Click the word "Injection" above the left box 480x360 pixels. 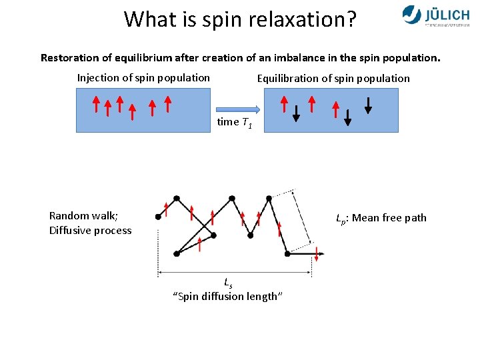click(x=99, y=78)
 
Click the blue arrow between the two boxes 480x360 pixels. click(x=237, y=109)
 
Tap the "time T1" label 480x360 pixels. click(x=234, y=123)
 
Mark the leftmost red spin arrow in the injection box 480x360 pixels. click(x=96, y=105)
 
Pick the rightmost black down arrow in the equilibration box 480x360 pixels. click(x=367, y=105)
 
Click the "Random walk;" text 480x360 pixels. click(x=83, y=215)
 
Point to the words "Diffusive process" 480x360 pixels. click(x=90, y=231)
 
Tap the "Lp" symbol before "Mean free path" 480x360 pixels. click(x=340, y=219)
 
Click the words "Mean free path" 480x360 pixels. click(x=390, y=218)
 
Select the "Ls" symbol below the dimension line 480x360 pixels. click(x=228, y=282)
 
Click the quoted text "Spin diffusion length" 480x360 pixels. click(x=228, y=297)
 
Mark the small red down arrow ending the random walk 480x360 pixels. click(x=317, y=254)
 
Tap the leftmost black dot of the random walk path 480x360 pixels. click(x=158, y=217)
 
